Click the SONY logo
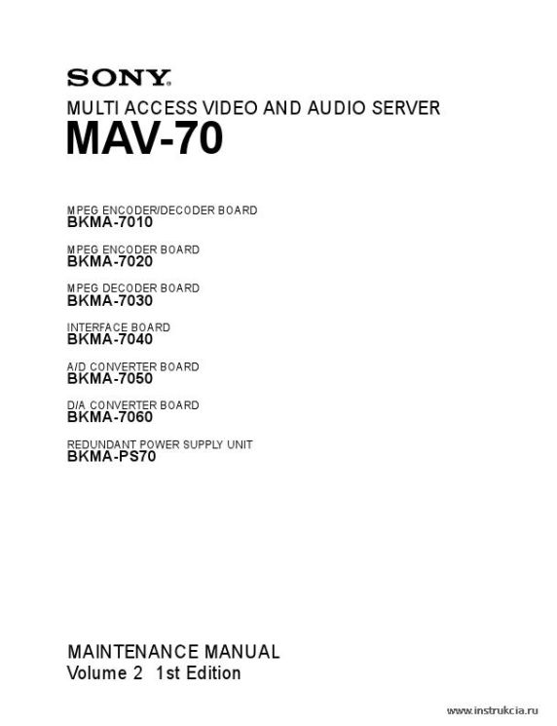[x=120, y=78]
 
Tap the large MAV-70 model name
[x=145, y=138]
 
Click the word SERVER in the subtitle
[x=406, y=108]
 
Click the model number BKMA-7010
[x=110, y=222]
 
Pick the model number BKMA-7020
[x=110, y=261]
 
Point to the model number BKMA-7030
[x=110, y=301]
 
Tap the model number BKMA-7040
[x=110, y=339]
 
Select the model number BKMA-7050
[x=110, y=379]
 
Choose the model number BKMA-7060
[x=110, y=417]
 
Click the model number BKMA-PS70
[x=111, y=456]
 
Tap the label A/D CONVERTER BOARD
[x=132, y=366]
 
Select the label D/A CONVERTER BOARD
[x=132, y=405]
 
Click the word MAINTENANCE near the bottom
[x=133, y=652]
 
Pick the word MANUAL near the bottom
[x=241, y=652]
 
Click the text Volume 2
[x=105, y=673]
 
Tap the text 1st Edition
[x=198, y=673]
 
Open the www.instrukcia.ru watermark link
[x=493, y=710]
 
